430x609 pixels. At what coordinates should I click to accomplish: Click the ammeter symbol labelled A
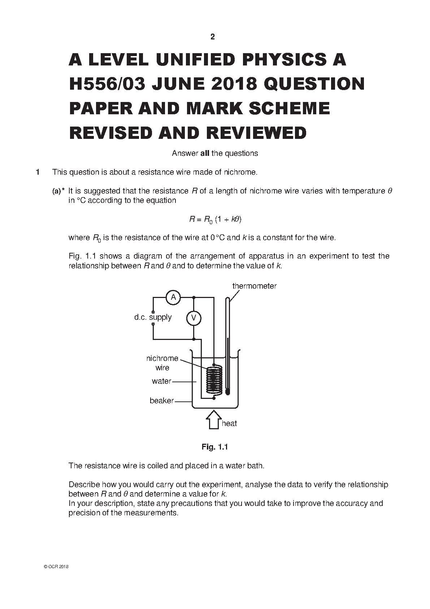(x=173, y=297)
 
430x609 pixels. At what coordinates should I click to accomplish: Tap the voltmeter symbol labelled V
(x=194, y=318)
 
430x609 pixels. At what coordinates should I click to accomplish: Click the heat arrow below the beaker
(x=214, y=420)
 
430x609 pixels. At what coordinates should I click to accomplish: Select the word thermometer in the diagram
(x=255, y=286)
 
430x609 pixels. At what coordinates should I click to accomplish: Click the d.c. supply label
(x=153, y=317)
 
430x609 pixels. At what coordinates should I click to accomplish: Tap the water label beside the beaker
(x=161, y=381)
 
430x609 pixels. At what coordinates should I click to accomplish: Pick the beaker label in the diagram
(x=161, y=400)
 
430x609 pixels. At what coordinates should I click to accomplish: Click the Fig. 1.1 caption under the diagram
(x=214, y=447)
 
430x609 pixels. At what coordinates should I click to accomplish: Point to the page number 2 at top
(x=213, y=37)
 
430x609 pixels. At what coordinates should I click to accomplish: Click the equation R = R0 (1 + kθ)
(x=215, y=220)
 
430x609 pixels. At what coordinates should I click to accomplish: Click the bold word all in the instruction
(x=205, y=153)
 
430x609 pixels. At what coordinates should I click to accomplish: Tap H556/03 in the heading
(x=107, y=84)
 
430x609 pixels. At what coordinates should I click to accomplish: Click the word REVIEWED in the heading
(x=256, y=133)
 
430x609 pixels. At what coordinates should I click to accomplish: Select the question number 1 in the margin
(x=38, y=172)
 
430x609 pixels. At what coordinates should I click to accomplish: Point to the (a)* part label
(x=58, y=191)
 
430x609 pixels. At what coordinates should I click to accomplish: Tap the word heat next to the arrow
(x=229, y=423)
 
